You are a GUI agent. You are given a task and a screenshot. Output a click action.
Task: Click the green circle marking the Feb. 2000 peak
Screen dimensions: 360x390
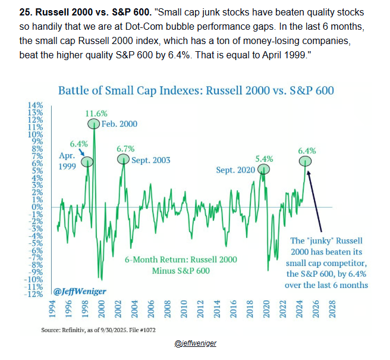point(95,124)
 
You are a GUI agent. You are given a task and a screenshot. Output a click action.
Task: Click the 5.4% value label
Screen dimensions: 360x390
point(263,159)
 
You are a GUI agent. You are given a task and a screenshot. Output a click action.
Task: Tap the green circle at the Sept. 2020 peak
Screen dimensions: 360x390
point(263,170)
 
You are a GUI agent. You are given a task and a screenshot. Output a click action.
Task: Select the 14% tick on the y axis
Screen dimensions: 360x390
point(43,105)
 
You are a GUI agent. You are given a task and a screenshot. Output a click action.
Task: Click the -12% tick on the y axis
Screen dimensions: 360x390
point(42,294)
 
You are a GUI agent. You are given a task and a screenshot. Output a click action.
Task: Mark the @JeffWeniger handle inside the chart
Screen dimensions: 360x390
point(75,292)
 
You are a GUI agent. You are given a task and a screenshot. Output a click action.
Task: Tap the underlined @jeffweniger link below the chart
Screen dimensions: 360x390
point(196,344)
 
